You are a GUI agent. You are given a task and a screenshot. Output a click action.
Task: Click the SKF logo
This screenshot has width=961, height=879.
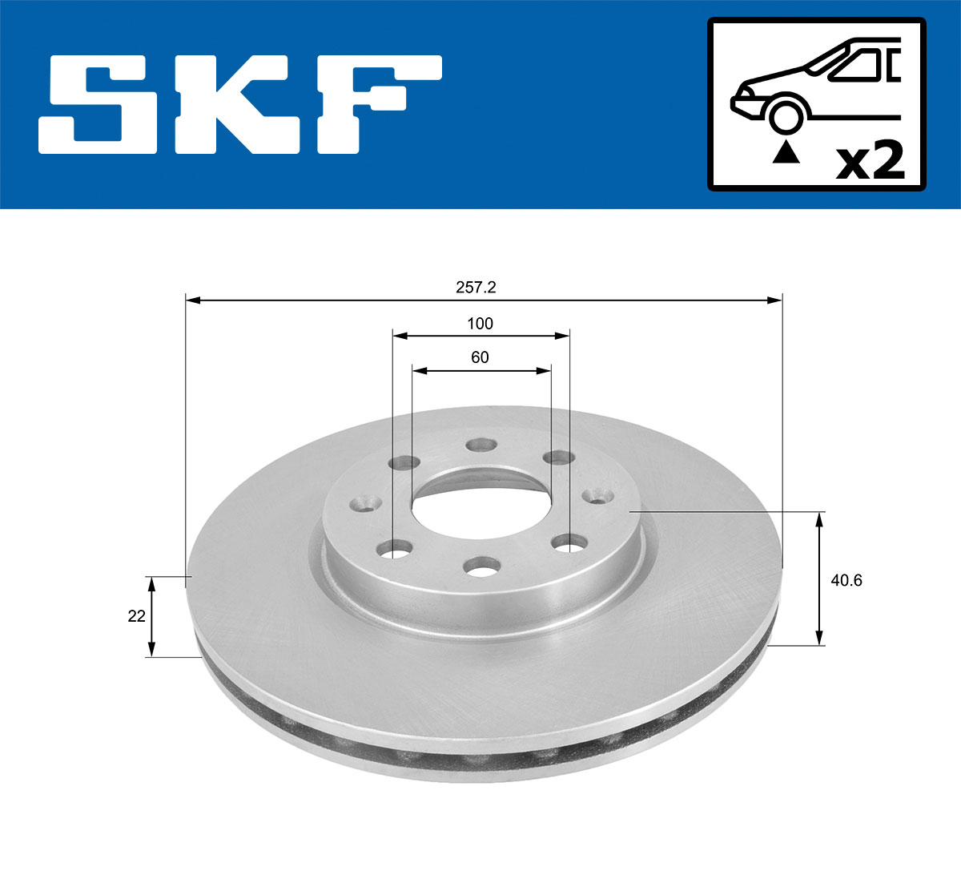[240, 105]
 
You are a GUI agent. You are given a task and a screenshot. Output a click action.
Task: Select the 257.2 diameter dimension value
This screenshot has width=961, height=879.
[476, 287]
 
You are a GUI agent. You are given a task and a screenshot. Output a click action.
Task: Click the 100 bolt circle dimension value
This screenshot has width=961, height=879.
[480, 324]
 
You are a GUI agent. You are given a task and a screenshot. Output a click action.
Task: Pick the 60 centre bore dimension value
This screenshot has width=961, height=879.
[480, 357]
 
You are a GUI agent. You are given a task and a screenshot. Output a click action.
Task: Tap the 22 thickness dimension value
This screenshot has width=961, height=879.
[137, 616]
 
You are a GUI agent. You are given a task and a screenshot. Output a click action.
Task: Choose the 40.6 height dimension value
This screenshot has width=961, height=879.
[846, 580]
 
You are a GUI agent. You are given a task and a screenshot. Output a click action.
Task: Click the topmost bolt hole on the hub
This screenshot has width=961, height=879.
[481, 444]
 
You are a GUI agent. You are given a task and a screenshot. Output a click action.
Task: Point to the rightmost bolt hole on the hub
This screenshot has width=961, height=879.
[597, 496]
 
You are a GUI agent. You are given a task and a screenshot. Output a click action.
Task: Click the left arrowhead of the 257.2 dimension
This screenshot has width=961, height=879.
[191, 300]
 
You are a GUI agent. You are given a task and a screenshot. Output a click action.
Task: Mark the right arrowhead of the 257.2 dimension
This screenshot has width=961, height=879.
[774, 300]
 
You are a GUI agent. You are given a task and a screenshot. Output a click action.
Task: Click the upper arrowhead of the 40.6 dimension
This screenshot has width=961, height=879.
[818, 521]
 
